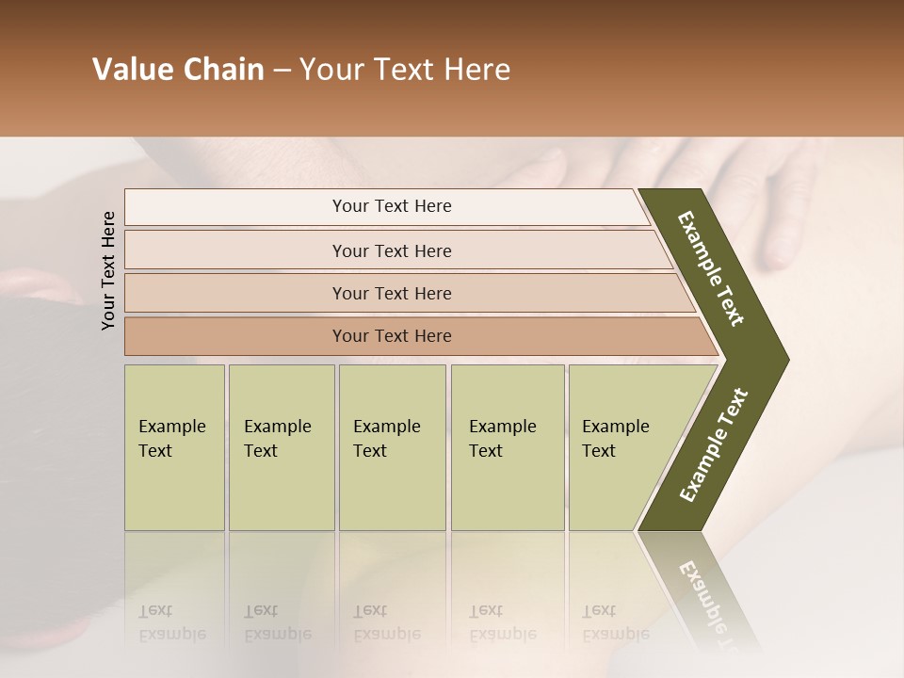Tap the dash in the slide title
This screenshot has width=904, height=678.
coord(282,71)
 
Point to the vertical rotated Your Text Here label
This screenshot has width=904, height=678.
coord(108,270)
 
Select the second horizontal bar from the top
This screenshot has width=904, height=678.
coord(391,250)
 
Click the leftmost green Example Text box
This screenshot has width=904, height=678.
coord(174,447)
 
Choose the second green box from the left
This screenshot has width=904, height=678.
coord(282,447)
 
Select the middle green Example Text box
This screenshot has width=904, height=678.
coord(392,447)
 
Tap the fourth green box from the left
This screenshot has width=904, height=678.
coord(508,447)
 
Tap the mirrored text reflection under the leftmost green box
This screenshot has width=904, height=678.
coord(171,622)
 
